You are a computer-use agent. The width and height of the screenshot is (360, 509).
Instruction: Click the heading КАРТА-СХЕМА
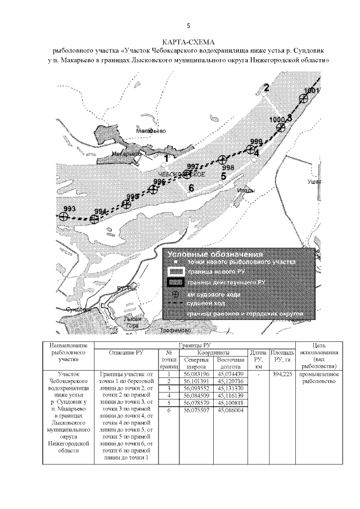tap(188, 42)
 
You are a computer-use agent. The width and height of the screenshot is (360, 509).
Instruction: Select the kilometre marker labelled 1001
tap(304, 98)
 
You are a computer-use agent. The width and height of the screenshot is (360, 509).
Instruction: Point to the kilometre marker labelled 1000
tap(281, 127)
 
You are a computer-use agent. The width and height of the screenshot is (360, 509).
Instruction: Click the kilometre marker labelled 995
tap(127, 205)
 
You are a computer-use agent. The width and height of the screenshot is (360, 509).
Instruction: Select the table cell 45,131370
tap(230, 388)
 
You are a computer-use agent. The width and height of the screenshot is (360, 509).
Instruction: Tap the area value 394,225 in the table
tap(282, 374)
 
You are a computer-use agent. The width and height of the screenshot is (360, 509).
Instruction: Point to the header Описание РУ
tap(126, 353)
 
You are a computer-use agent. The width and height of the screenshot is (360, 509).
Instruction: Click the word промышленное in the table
tap(319, 374)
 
